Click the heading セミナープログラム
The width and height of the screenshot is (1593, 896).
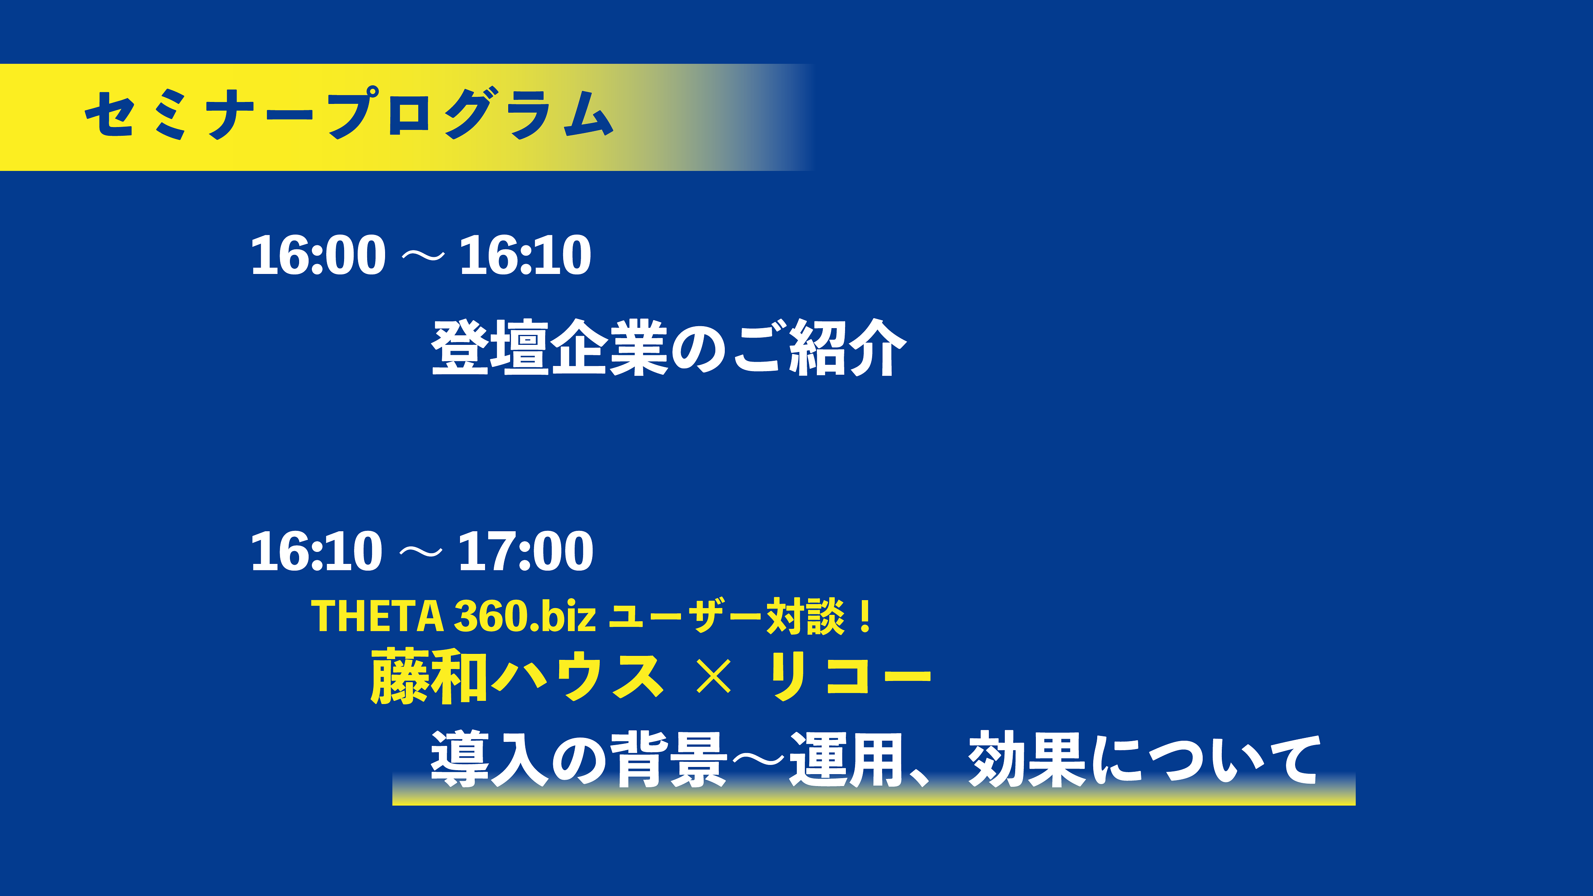(x=349, y=114)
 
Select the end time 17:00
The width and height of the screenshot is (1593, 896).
(x=526, y=551)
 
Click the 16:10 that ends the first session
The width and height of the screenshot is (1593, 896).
(x=525, y=255)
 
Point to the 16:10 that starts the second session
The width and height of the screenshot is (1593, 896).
(x=317, y=551)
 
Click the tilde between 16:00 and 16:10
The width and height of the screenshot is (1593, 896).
(x=423, y=255)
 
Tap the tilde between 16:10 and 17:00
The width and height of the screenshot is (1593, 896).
(x=421, y=552)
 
